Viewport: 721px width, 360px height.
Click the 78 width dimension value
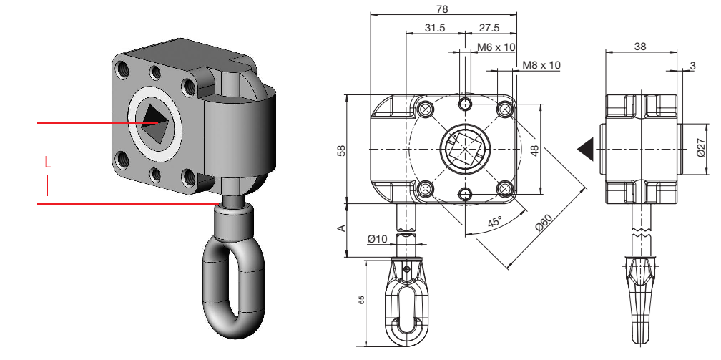point(442,9)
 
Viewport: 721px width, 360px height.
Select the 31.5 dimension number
point(435,28)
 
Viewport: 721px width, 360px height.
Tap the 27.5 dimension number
point(489,28)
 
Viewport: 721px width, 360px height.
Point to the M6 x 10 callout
point(496,47)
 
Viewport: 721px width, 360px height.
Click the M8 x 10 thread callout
point(541,65)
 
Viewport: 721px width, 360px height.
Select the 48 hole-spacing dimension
point(535,150)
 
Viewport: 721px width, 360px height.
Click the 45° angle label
point(494,221)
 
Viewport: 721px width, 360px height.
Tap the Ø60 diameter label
point(544,223)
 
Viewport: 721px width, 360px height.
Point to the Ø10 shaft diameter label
point(377,238)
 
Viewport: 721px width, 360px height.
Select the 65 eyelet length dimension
point(361,300)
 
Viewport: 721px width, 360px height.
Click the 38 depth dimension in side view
point(640,46)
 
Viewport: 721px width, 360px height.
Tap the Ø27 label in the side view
point(701,148)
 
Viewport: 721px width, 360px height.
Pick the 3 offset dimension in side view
point(692,66)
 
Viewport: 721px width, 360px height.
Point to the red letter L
point(47,162)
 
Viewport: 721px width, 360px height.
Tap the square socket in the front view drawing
point(465,148)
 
